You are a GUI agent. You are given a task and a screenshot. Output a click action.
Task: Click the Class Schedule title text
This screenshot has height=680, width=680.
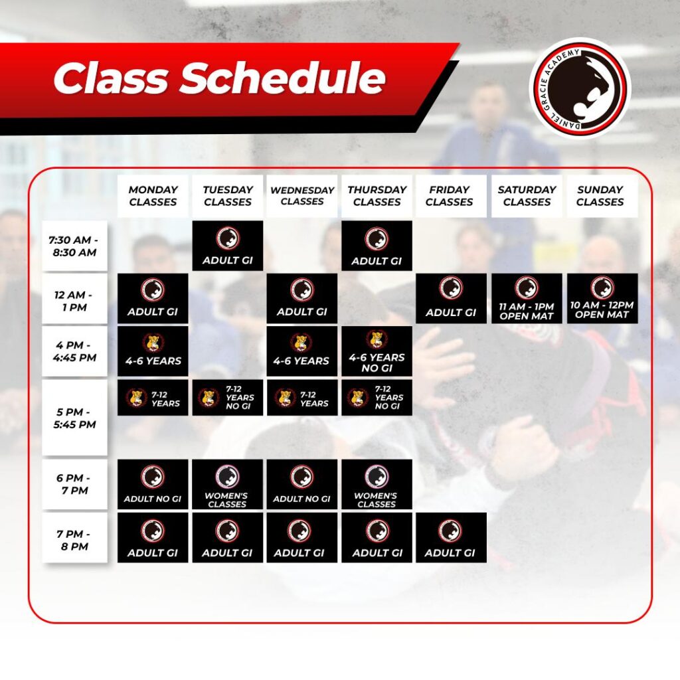tap(219, 78)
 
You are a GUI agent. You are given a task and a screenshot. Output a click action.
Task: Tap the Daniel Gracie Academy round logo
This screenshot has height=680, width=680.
tap(580, 88)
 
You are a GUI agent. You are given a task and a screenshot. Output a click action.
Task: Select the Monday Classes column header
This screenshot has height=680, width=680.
tap(153, 196)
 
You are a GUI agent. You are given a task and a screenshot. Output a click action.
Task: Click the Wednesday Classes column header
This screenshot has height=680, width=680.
tap(302, 196)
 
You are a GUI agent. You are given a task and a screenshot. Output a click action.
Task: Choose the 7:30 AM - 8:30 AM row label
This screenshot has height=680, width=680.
tap(74, 246)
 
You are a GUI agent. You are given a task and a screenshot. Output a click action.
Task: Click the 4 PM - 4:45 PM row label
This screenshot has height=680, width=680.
tap(74, 351)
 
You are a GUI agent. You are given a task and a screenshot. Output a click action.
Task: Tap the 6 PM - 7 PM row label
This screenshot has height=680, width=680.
tap(74, 484)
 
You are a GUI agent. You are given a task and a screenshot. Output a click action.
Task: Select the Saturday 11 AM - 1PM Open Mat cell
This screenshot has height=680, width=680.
tap(527, 298)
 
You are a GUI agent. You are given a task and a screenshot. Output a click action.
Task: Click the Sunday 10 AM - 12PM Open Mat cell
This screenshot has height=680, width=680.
tap(602, 298)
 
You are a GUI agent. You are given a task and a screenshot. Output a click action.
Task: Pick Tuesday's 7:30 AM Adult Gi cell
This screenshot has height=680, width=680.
tap(228, 246)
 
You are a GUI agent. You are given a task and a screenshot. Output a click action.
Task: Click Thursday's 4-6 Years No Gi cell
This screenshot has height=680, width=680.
tap(377, 351)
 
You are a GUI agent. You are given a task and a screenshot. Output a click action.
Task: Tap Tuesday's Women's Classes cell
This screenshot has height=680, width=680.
tap(228, 484)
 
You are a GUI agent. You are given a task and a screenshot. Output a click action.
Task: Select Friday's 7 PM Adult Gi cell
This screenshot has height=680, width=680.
tap(451, 538)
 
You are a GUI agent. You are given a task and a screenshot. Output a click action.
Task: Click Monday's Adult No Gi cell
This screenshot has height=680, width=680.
tap(153, 484)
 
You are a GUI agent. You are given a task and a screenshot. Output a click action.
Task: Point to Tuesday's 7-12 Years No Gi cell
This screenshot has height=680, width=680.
tap(228, 398)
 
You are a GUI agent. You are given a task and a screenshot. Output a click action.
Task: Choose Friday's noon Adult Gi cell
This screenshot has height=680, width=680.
tap(451, 298)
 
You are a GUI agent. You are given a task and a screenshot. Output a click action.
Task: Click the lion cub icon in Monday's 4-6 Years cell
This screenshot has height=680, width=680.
tap(153, 343)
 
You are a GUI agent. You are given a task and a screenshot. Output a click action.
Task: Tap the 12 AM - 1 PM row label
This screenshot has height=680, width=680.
tap(74, 298)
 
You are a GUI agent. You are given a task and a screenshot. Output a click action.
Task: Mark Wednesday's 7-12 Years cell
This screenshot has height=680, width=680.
tap(302, 398)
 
